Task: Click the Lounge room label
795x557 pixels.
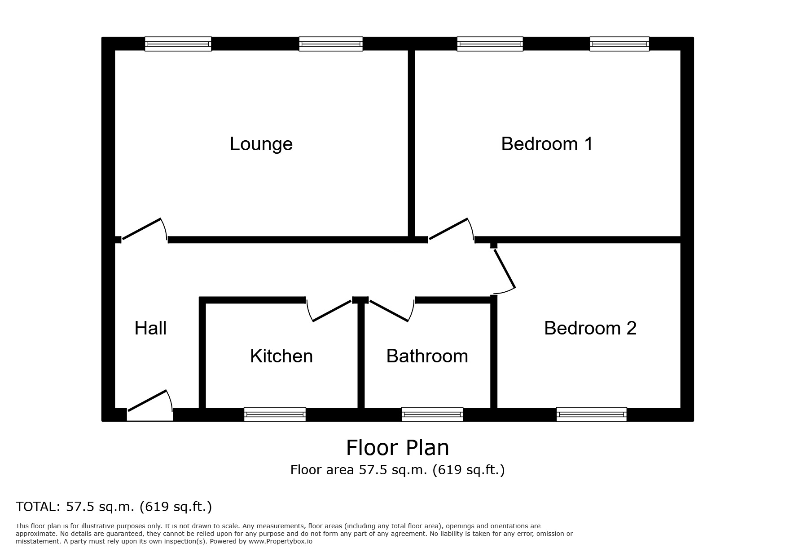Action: [261, 144]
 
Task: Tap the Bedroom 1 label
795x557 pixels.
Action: [546, 144]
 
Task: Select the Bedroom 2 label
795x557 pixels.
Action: [590, 328]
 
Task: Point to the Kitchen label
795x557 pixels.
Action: [281, 356]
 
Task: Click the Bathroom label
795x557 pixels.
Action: [427, 356]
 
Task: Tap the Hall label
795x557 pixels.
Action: [150, 328]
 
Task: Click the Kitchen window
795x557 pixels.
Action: [275, 414]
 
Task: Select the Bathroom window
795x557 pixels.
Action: [432, 414]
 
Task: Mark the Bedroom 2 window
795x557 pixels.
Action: [591, 414]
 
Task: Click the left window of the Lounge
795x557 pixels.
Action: [178, 44]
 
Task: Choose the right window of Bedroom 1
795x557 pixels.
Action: [619, 44]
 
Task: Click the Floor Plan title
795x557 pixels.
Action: [397, 448]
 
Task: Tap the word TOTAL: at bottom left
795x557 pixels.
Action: [38, 507]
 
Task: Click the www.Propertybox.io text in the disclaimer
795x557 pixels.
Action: [280, 541]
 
